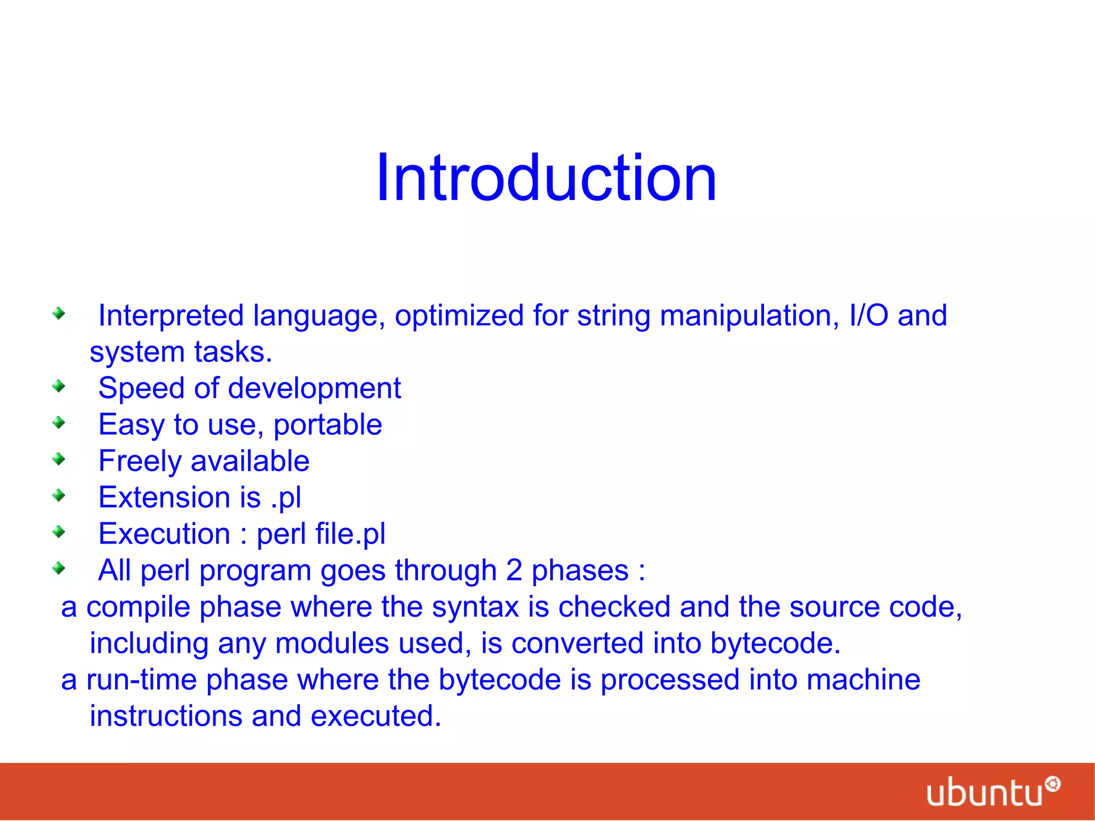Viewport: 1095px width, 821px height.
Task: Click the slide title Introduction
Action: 546,178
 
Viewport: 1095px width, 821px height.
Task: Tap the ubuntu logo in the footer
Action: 992,792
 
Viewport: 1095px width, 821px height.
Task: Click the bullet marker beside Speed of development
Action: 59,386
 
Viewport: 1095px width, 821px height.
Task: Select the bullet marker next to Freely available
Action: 59,459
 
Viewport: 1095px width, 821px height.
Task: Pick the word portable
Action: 328,425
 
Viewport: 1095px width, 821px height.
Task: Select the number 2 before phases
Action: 514,570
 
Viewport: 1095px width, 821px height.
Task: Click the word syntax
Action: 475,607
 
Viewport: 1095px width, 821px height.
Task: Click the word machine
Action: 863,680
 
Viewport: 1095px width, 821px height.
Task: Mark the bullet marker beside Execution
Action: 59,532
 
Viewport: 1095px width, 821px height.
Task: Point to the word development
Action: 314,388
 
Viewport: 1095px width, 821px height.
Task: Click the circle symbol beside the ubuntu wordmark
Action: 1053,784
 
